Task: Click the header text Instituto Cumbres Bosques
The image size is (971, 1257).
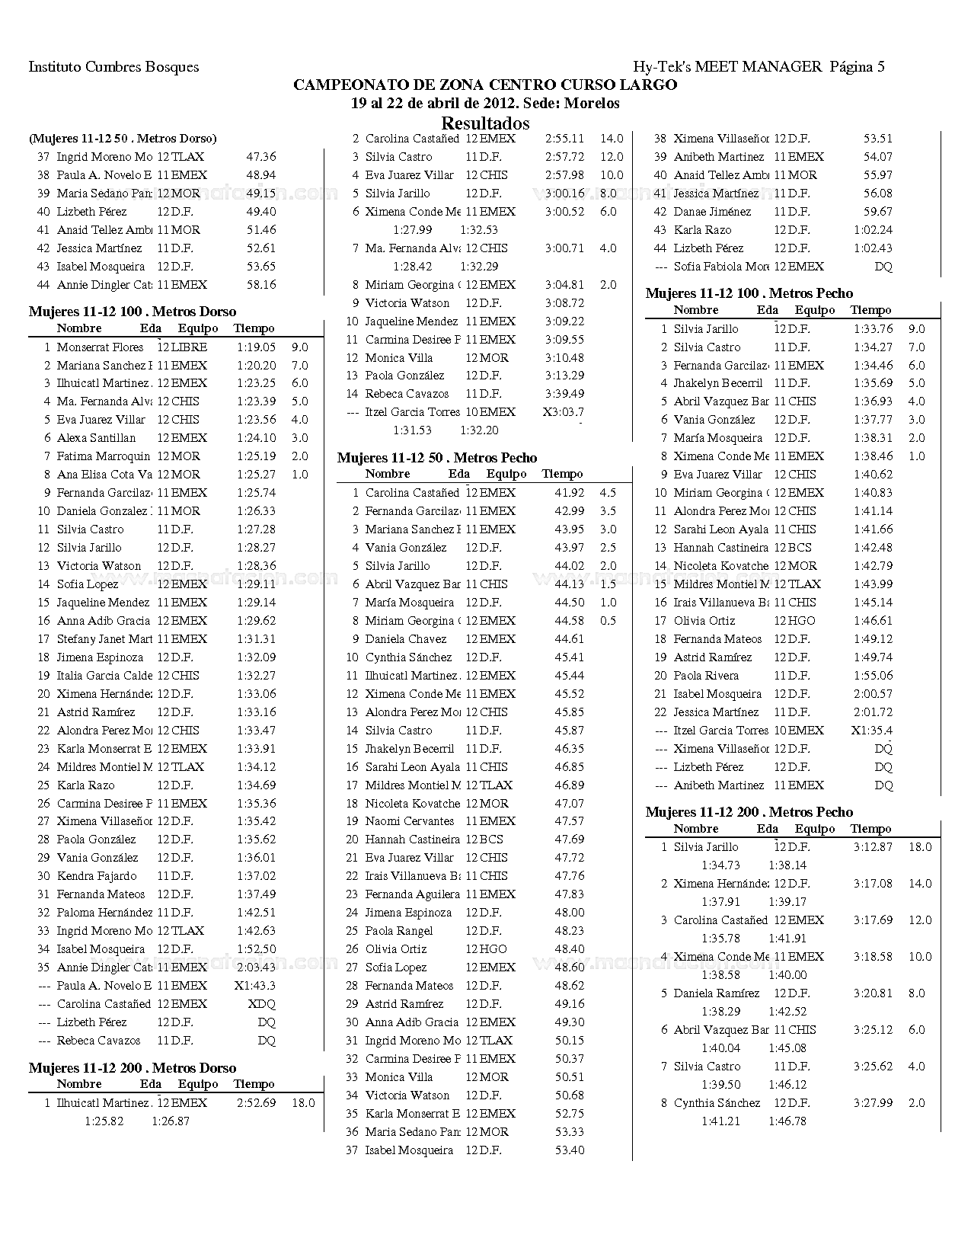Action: tap(113, 67)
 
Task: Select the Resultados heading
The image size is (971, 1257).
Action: tap(485, 123)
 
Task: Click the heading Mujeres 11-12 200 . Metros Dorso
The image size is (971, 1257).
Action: tap(133, 1068)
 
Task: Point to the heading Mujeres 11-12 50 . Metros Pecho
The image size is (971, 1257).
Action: tap(437, 458)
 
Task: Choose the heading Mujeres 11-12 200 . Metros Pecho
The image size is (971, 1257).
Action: tap(749, 812)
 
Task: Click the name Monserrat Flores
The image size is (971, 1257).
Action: tap(100, 347)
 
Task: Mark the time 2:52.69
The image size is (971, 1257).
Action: tap(256, 1103)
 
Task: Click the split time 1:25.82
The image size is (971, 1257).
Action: tap(104, 1121)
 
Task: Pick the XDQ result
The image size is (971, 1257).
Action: tap(262, 1004)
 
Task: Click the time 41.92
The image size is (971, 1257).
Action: tap(570, 493)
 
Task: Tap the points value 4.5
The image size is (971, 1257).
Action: tap(608, 493)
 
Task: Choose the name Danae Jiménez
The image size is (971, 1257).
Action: tap(712, 212)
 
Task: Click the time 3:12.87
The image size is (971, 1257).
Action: tap(873, 847)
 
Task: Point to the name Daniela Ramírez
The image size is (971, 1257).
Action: tap(717, 993)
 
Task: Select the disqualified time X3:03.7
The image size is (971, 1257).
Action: tap(564, 412)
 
